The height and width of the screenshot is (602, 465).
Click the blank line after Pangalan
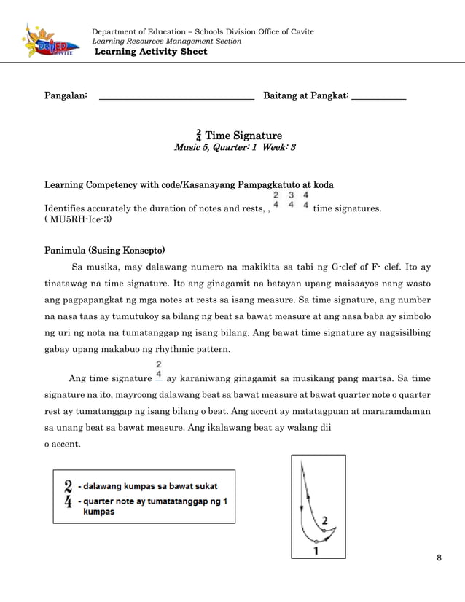[x=176, y=96]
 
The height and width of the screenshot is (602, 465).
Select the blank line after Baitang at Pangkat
[x=378, y=96]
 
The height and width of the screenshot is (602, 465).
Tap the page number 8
[x=439, y=558]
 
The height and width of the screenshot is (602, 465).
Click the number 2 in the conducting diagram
[x=325, y=520]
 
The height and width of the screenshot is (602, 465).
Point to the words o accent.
[x=62, y=444]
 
